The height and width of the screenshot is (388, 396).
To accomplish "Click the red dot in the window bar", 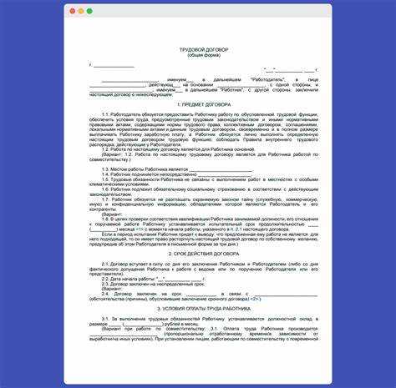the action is (x=71, y=12).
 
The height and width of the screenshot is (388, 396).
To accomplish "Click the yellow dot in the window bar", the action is (x=80, y=12).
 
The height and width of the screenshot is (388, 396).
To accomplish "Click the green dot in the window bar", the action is (x=89, y=12).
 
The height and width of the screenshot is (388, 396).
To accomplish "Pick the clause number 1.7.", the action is (x=106, y=200).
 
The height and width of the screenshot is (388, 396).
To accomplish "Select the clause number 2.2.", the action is (x=106, y=279).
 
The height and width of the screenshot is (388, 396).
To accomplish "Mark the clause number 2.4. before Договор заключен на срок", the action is (x=106, y=295).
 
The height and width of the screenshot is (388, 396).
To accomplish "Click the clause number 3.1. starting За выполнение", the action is (x=106, y=318).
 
